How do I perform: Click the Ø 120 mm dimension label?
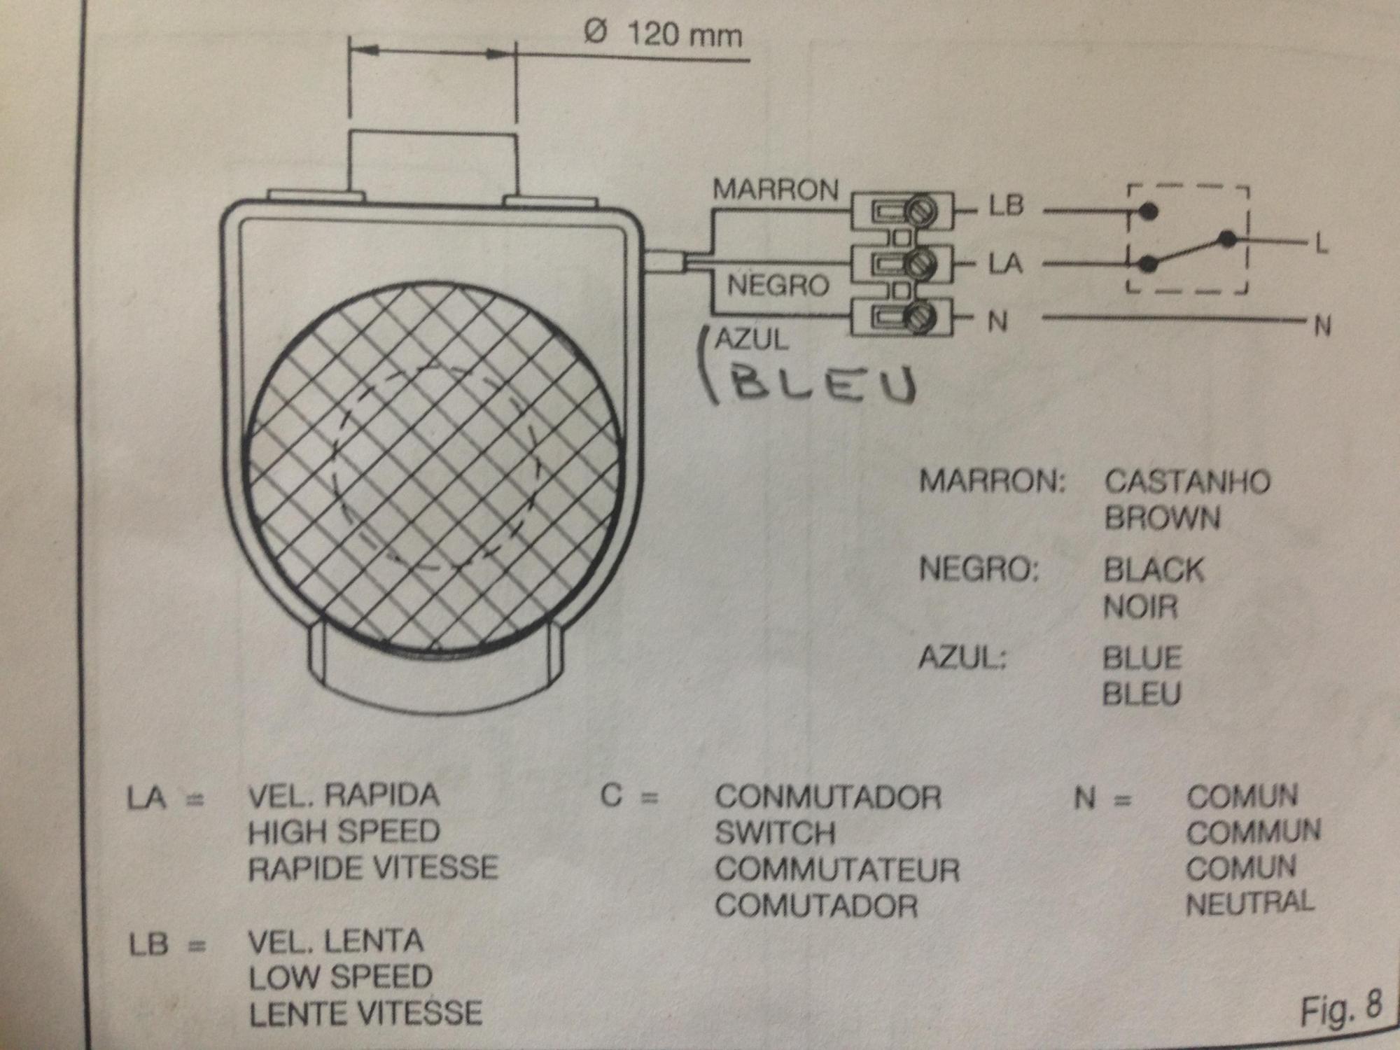click(662, 34)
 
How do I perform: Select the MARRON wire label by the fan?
click(775, 190)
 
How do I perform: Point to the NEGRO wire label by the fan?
click(778, 286)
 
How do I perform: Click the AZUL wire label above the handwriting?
click(751, 340)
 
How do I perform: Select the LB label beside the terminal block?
click(1006, 206)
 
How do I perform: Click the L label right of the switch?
click(1321, 244)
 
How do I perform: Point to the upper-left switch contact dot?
click(1147, 211)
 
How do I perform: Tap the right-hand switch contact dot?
click(1227, 239)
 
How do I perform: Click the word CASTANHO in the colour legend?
click(1186, 482)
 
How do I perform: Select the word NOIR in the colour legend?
click(1140, 606)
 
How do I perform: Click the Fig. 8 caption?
click(1340, 1009)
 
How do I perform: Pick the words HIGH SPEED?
click(344, 832)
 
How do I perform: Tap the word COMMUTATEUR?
click(836, 870)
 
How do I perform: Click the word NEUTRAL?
click(1249, 902)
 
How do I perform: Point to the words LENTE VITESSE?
click(365, 1013)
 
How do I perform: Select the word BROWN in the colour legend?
click(1162, 518)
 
